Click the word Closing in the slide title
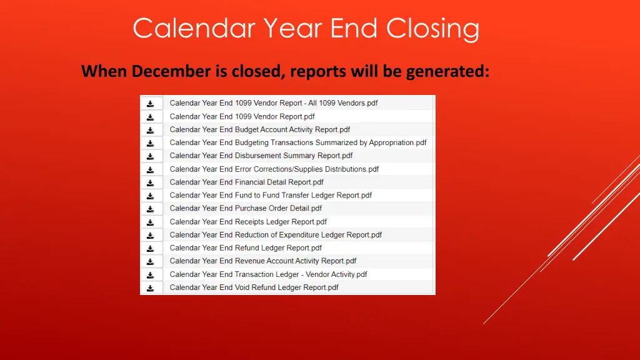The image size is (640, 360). click(432, 29)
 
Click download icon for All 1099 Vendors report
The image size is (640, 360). click(151, 104)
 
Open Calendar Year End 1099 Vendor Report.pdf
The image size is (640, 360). click(242, 116)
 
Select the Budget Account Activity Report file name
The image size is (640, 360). click(259, 129)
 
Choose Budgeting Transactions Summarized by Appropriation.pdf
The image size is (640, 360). click(297, 142)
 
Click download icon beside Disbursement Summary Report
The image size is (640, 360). click(151, 156)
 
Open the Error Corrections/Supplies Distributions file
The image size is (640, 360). click(274, 169)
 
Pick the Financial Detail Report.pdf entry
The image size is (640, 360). click(246, 182)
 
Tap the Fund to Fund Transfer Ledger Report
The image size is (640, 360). click(271, 195)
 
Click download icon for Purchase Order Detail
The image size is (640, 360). click(151, 209)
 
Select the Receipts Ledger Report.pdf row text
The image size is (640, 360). click(248, 221)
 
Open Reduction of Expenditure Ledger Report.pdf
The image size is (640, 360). click(276, 235)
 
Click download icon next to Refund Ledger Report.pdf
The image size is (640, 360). click(151, 248)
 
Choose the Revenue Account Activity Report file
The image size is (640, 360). click(262, 261)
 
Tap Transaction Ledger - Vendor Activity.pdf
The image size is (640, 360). click(268, 274)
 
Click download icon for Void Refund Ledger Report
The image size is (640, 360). click(151, 288)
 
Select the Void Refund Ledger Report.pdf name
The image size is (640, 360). click(254, 287)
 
